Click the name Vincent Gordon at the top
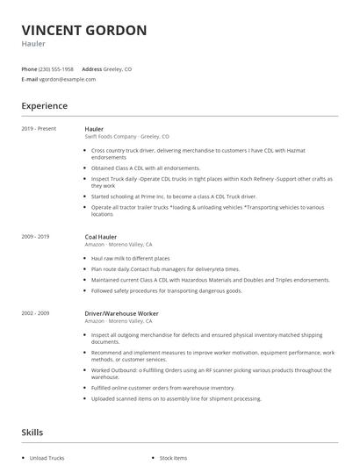[84, 30]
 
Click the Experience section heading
[44, 106]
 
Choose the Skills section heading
[32, 432]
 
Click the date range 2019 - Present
[39, 129]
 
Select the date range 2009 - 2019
[35, 236]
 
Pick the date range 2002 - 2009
[35, 313]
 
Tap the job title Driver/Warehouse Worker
[121, 313]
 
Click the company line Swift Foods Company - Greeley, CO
[126, 137]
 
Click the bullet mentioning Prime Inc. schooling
[173, 197]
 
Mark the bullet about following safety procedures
[166, 290]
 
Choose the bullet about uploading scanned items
[176, 398]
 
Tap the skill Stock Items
[173, 458]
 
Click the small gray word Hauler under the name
[33, 44]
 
